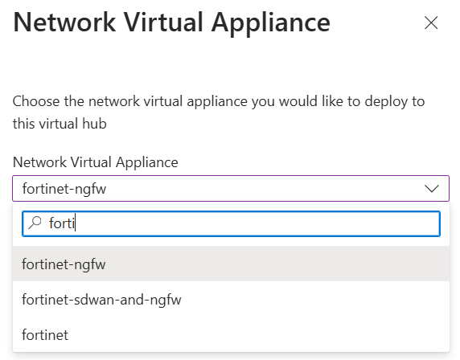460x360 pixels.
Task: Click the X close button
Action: point(431,22)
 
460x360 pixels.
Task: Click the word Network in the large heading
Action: point(64,22)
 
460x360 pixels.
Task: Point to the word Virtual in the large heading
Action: point(163,22)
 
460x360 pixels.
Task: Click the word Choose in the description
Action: point(36,101)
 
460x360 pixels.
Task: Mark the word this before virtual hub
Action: point(23,124)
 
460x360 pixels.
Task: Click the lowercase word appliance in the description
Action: point(217,102)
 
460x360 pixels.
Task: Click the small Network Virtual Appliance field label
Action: point(96,162)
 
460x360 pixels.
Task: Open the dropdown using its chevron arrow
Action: point(432,189)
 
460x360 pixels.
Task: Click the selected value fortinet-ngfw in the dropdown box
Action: point(64,189)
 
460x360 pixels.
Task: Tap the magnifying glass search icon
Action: point(35,223)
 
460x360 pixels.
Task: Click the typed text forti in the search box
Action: point(62,223)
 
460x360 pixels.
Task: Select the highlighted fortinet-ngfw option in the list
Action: point(64,264)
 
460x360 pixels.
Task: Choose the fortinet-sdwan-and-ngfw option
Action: point(101,300)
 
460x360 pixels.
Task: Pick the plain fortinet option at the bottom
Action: point(45,335)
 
